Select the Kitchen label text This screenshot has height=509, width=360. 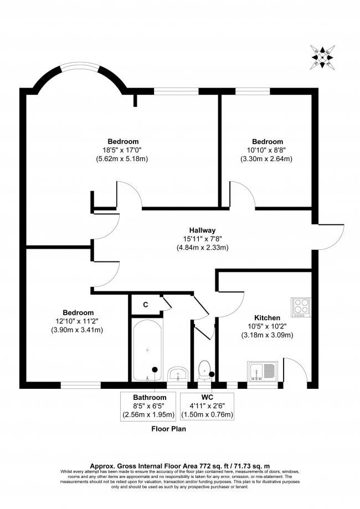[267, 317]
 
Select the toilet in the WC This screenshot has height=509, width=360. [204, 371]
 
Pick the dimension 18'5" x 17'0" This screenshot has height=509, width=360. [123, 150]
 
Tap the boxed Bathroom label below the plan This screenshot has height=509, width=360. [150, 398]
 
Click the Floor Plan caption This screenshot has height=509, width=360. [169, 429]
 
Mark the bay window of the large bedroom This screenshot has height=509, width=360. [80, 70]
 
